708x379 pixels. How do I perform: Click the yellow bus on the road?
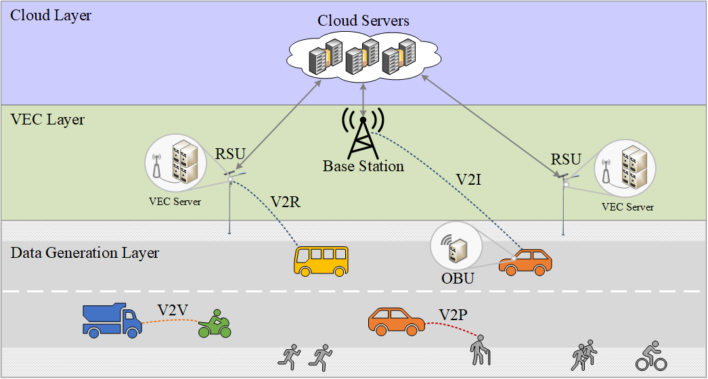321,261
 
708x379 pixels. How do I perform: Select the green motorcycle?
215,326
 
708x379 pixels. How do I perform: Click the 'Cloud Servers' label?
363,21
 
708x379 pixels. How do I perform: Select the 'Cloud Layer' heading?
51,16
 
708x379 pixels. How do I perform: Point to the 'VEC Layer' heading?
47,120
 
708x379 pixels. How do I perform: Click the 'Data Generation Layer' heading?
85,253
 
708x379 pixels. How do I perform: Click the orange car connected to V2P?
397,321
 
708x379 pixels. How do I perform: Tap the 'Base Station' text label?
363,166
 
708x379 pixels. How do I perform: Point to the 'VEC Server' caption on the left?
175,202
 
